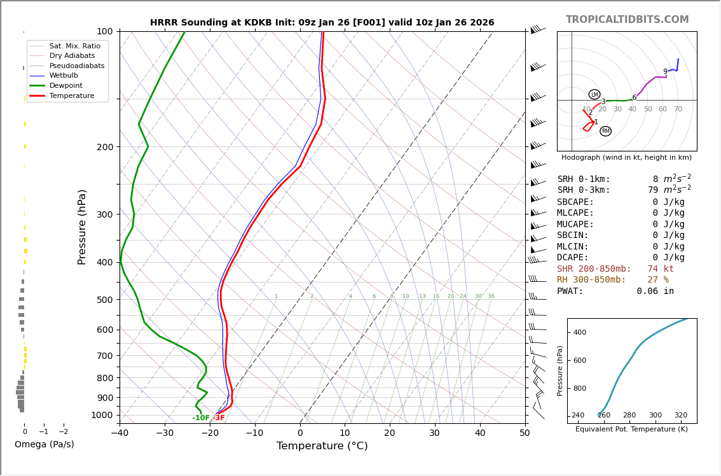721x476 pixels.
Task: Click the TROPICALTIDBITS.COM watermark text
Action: click(x=627, y=20)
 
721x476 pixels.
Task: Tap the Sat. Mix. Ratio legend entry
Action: click(x=74, y=46)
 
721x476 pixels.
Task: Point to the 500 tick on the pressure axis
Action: click(x=104, y=300)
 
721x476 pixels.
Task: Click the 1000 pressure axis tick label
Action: click(x=102, y=415)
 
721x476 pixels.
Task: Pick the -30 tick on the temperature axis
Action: click(x=165, y=433)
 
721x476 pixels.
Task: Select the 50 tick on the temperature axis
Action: click(x=525, y=433)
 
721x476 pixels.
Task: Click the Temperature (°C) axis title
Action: click(x=322, y=446)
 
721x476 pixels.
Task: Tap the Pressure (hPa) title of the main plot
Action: click(x=83, y=227)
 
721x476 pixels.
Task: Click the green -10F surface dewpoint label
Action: click(x=201, y=418)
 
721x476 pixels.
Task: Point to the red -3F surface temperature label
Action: click(x=218, y=418)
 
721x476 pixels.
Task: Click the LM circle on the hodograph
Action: click(x=594, y=95)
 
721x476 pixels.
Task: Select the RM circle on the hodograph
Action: click(x=605, y=131)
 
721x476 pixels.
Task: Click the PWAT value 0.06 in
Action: click(x=655, y=291)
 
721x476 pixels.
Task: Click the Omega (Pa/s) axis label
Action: click(x=44, y=444)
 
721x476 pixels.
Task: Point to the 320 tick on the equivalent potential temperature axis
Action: click(x=680, y=416)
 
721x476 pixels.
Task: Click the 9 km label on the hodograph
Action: click(x=665, y=72)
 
